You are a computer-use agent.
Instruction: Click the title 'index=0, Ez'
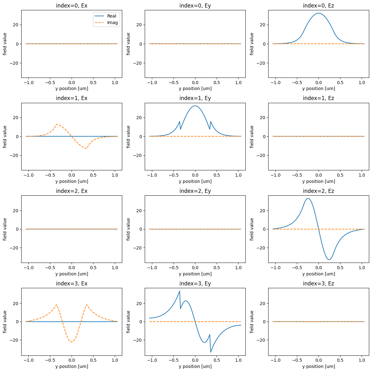point(318,6)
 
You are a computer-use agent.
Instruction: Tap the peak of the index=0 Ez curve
point(318,13)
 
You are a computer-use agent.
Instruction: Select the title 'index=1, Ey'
point(195,98)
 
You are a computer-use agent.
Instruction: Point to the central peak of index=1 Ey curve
point(195,106)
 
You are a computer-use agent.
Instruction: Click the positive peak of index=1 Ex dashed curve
point(57,124)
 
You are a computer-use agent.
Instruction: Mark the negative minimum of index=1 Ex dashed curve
point(86,148)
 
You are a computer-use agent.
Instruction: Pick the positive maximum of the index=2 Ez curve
point(308,199)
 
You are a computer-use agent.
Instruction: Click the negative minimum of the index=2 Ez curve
point(329,259)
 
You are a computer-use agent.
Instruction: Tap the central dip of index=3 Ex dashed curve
point(72,342)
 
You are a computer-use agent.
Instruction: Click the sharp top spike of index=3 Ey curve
point(179,291)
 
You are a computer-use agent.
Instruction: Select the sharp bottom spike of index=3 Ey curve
point(211,352)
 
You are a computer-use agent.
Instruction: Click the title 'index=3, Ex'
point(72,284)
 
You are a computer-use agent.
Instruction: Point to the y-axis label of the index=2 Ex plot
point(5,229)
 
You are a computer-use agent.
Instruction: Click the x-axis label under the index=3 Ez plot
point(318,366)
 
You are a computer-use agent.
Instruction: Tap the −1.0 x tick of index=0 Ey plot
point(152,83)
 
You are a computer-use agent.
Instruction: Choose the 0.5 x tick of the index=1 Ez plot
point(340,175)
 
